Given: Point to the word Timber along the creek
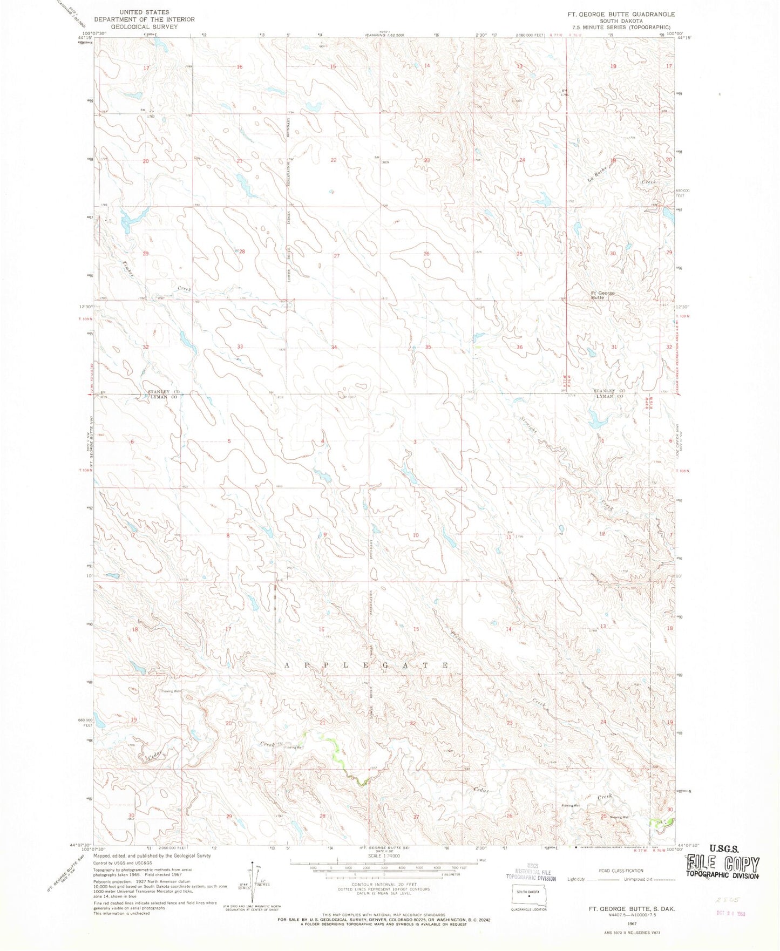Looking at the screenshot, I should [128, 270].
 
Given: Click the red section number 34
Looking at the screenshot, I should [335, 348].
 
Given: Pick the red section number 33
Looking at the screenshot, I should [240, 347].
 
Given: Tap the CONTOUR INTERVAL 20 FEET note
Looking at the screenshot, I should [384, 884].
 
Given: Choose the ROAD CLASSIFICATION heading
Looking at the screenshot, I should [620, 871].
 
